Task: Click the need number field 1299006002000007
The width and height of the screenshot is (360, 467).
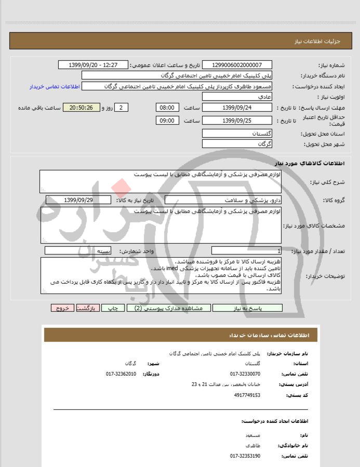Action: (x=237, y=65)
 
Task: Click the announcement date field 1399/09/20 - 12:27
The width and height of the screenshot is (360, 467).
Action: (x=94, y=65)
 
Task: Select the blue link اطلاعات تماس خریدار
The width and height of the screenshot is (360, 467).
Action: (x=54, y=86)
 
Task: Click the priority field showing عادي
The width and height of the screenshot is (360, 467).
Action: (x=237, y=97)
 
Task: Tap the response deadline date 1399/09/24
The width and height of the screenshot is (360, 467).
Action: (x=237, y=108)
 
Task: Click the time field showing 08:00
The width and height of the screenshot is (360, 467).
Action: (x=167, y=108)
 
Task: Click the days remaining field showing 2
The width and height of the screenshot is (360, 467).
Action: (x=121, y=108)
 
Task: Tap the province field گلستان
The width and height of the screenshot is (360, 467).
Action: (x=237, y=134)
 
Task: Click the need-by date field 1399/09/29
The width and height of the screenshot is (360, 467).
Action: (x=78, y=200)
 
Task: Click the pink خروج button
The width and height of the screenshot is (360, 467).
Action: (x=63, y=308)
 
